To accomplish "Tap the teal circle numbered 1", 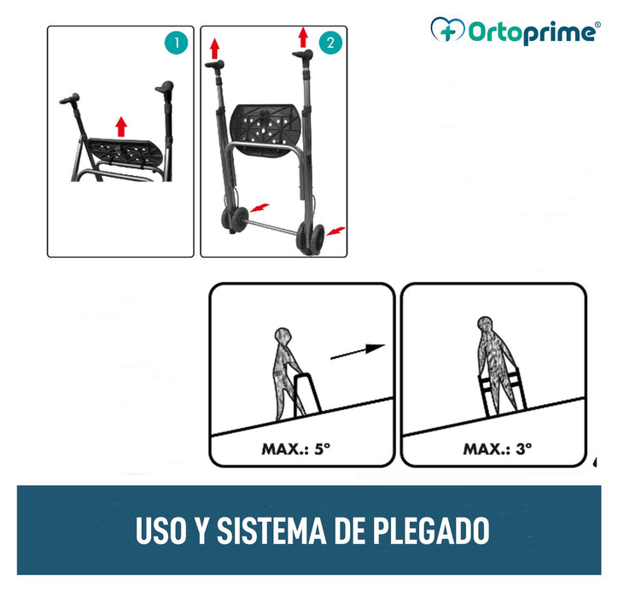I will point(175,43).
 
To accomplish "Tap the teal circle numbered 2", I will point(329,43).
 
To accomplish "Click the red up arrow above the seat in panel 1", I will point(121,127).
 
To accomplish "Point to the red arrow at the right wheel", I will point(338,231).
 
